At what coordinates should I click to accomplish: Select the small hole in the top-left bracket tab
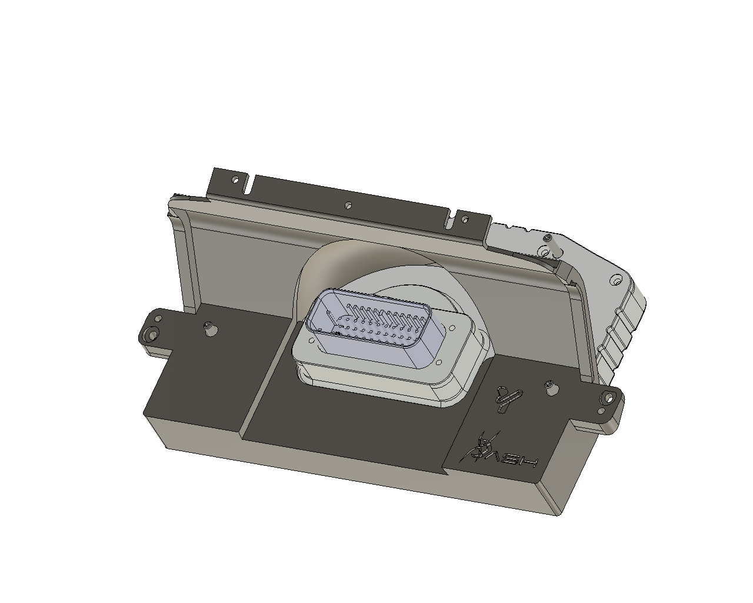(x=235, y=178)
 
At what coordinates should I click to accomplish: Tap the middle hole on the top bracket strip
(x=348, y=205)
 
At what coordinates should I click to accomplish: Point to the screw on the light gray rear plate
(x=548, y=237)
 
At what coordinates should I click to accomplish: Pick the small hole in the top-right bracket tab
(x=465, y=220)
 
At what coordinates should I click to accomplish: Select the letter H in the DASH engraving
(x=528, y=461)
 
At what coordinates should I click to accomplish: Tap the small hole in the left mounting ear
(x=159, y=319)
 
